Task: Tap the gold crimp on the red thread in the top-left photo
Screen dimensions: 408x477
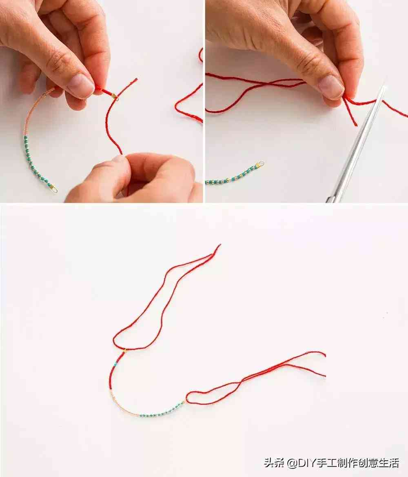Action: point(114,96)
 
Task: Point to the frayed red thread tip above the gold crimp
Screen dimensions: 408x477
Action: point(135,80)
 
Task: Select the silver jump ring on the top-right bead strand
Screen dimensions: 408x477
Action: point(261,164)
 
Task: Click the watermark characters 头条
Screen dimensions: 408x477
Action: point(274,463)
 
